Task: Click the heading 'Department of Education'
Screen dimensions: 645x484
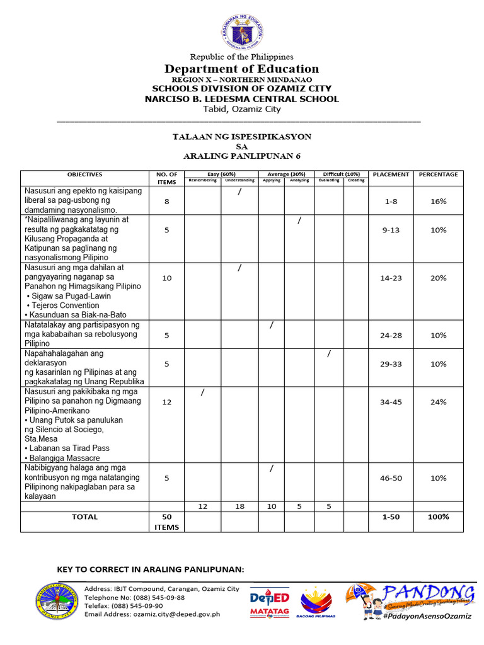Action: pos(242,69)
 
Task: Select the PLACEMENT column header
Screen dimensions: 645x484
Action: pos(391,174)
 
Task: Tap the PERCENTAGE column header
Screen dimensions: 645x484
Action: pos(438,174)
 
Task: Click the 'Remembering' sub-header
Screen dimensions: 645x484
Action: pos(202,180)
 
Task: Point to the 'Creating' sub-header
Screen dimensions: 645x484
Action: pos(355,180)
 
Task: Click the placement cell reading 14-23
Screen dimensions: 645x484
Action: pos(391,278)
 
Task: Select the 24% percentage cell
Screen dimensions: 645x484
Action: pos(438,402)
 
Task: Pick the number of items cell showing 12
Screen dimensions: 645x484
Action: pos(166,402)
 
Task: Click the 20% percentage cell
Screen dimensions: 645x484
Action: pos(438,278)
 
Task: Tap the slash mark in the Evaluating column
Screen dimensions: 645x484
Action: pos(329,354)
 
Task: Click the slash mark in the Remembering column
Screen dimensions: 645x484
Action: pos(202,393)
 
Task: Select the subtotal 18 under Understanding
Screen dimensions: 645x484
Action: pos(239,506)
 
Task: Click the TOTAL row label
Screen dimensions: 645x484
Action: pos(84,517)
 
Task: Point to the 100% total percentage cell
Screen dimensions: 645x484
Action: pos(438,517)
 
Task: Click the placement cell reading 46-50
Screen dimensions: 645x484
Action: pos(391,478)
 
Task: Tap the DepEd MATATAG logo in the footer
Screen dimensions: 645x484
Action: pos(270,602)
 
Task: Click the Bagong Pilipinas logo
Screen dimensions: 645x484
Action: pos(318,602)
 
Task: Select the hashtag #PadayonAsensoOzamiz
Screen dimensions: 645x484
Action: pos(426,615)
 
